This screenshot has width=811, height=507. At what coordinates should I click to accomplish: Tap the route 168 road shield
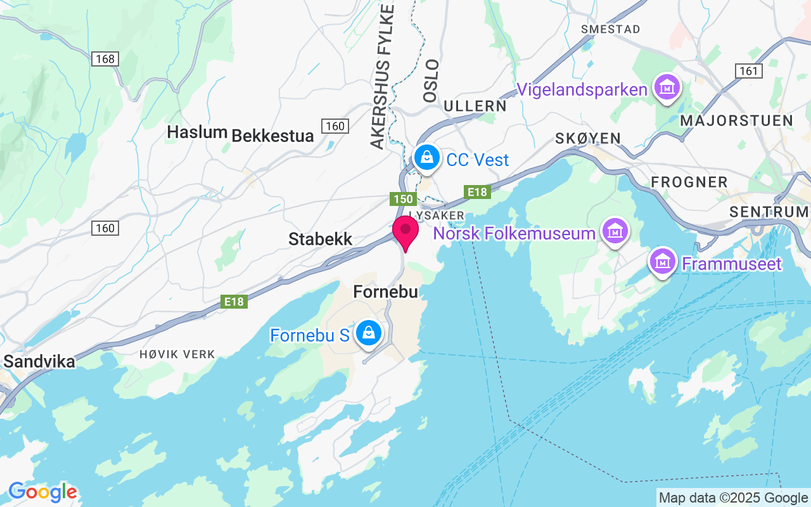pos(105,59)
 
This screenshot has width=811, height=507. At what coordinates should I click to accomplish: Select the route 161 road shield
pos(749,71)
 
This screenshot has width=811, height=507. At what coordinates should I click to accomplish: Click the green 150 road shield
pos(403,200)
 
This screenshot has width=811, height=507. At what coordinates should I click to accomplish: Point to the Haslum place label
pos(197,132)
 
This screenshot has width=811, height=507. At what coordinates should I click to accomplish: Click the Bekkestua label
pos(272,136)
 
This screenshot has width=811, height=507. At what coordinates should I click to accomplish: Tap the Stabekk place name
pos(320,239)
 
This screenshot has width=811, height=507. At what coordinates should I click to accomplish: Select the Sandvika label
pos(39,362)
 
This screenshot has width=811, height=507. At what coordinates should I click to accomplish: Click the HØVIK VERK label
pos(177,354)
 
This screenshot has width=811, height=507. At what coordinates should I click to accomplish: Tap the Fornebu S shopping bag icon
pos(367,333)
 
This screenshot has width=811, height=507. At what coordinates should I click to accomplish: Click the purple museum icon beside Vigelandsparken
pos(667,88)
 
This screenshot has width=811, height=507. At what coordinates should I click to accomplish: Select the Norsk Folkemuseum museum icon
pos(615,233)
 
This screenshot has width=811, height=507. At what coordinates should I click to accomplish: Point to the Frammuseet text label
pos(731,263)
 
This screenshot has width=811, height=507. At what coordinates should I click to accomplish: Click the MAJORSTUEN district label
pos(736,120)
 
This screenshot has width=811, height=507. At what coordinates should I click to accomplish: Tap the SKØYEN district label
pos(587,138)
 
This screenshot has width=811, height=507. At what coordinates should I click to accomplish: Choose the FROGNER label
pos(689,183)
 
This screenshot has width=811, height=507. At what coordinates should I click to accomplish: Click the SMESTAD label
pos(611,29)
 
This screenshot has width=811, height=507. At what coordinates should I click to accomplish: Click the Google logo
pos(42,492)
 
